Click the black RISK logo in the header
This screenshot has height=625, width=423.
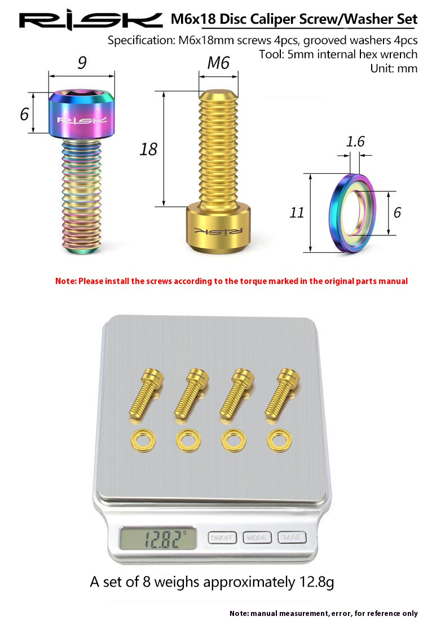click(91, 21)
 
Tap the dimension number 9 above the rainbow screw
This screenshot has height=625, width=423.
click(82, 62)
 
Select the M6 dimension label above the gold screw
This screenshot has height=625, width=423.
click(218, 63)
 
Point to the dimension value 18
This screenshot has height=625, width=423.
click(148, 150)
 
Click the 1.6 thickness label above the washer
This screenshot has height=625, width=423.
click(355, 142)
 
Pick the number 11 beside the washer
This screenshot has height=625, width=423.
click(297, 212)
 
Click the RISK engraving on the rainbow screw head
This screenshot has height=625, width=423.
click(82, 120)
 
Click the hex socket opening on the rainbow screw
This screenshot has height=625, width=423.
click(81, 94)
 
